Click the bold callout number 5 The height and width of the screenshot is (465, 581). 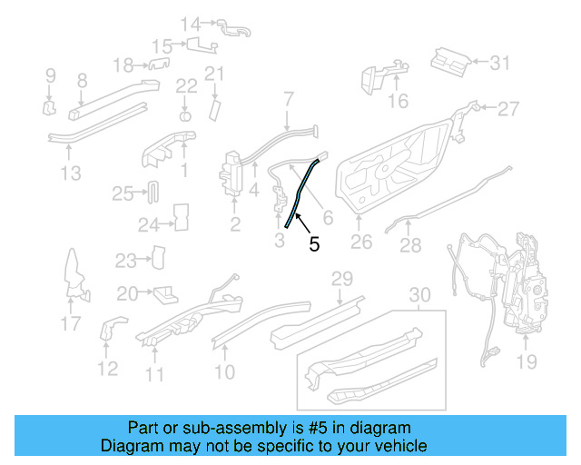click(314, 244)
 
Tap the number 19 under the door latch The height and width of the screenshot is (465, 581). click(527, 363)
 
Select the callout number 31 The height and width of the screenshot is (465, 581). click(501, 64)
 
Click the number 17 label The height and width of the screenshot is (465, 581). click(71, 323)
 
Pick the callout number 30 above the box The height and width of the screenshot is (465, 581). click(419, 295)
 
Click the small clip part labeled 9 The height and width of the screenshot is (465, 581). click(49, 109)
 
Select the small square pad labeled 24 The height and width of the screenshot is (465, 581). click(180, 215)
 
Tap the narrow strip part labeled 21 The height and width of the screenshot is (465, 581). click(215, 108)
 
